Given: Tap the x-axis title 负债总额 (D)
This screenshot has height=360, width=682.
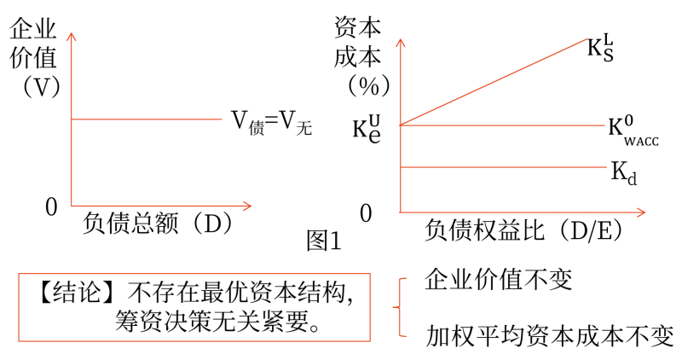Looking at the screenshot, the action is coord(158,223).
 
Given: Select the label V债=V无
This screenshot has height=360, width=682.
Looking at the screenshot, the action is coord(271,122).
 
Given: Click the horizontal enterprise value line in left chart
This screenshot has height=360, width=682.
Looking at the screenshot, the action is coord(147,119).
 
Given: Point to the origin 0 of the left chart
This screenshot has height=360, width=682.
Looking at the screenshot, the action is coord(51,206).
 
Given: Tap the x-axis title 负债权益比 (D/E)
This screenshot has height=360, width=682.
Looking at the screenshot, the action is coord(523,229).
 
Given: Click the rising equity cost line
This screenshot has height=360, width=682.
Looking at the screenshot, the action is coord(494,82).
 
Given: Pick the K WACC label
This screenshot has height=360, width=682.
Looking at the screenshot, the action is coord(633,131).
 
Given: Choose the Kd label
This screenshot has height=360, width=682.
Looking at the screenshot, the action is coord(624,173).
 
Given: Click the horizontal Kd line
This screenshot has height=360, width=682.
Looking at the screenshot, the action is coord(503,167).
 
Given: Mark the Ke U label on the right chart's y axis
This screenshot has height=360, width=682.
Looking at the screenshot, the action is coord(367,129).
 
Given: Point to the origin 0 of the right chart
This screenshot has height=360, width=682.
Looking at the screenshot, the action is coord(366,214).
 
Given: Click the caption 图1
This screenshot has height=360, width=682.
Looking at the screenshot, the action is coord(324,241).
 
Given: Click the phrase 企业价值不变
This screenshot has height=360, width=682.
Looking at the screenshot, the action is coord(498,279).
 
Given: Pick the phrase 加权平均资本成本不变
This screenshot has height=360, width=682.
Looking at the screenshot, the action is coord(549,335).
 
